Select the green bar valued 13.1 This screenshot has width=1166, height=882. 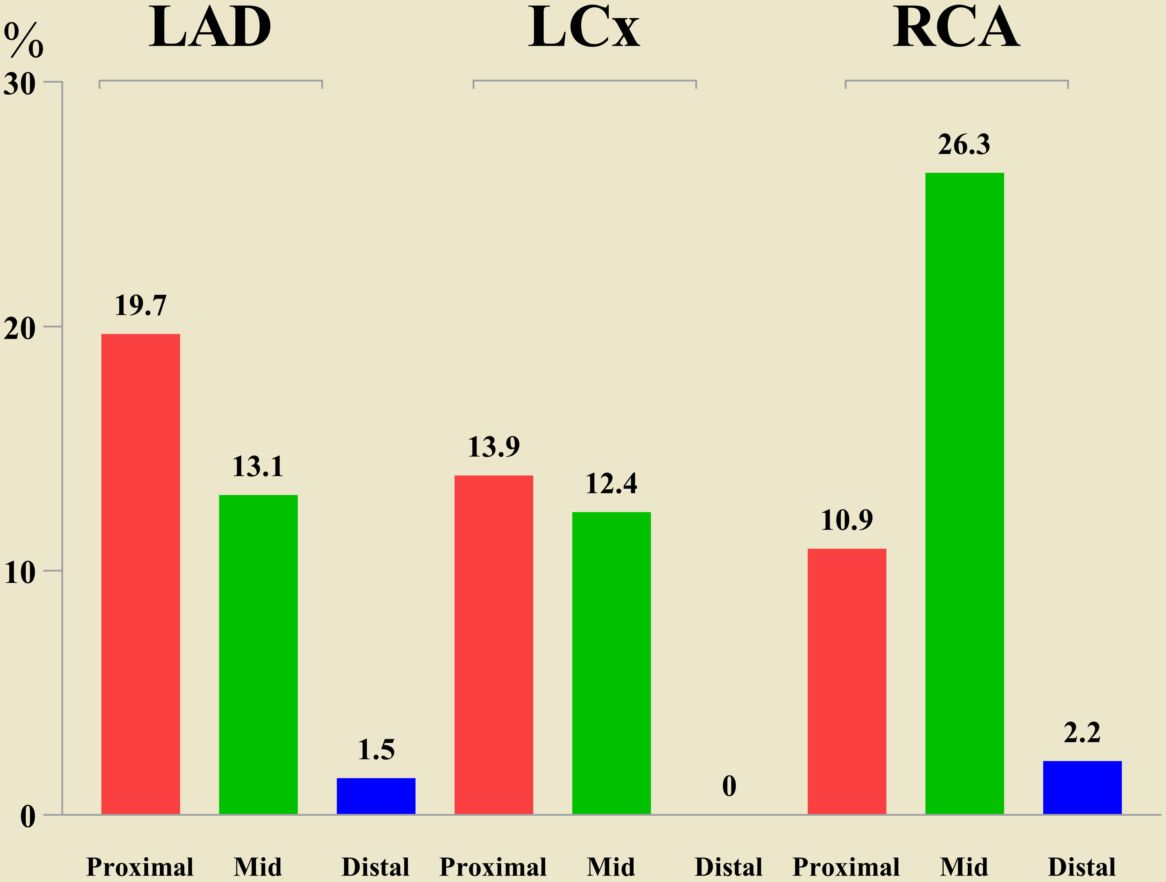[258, 654]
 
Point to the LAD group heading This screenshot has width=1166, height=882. [210, 27]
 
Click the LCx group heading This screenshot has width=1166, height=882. [584, 27]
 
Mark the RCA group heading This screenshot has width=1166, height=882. [956, 27]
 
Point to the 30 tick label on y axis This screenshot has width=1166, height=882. [20, 83]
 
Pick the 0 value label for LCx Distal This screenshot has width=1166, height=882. [729, 786]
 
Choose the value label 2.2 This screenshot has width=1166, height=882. [1082, 733]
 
